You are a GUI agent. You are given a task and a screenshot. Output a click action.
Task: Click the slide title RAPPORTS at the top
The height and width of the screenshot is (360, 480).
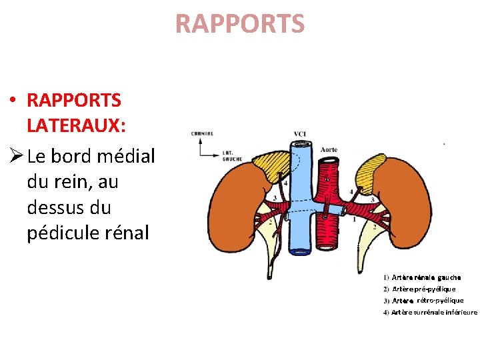coord(240,24)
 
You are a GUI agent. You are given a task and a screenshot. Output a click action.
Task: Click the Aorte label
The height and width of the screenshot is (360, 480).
coord(329,149)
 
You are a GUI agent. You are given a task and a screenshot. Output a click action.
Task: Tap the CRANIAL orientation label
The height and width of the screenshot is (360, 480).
coord(203,133)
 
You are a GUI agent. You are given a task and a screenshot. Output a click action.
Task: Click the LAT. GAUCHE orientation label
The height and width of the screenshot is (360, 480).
coord(232,156)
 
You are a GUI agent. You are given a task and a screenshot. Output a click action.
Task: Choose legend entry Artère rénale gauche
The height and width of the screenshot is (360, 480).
coord(425,277)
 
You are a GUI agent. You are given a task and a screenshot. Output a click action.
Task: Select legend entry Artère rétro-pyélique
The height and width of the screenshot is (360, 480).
coord(427,301)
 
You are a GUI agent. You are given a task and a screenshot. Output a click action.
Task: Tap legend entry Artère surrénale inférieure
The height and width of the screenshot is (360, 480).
coord(433,312)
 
